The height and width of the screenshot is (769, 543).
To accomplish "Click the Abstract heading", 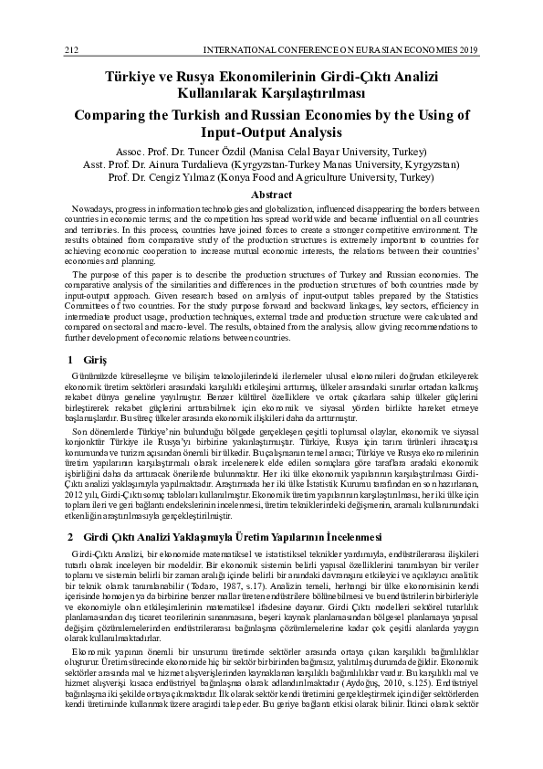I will point(272,195).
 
